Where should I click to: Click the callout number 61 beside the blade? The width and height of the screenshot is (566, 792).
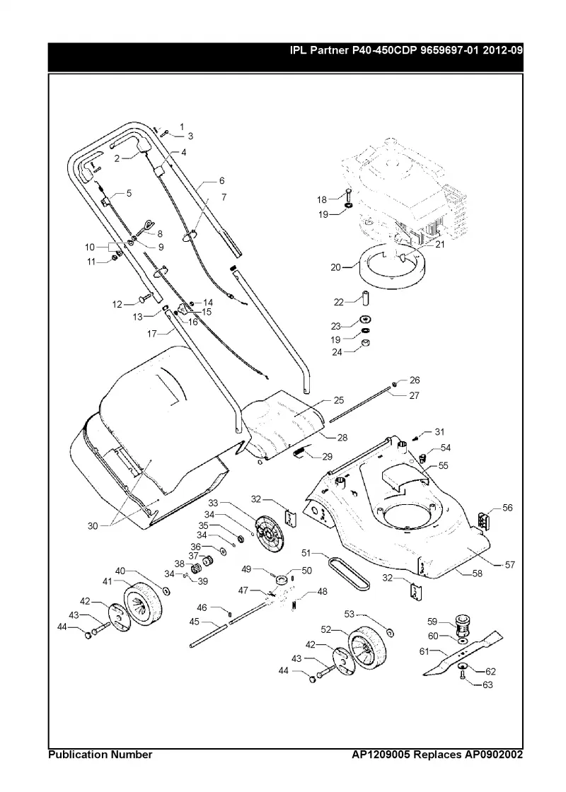[x=424, y=651]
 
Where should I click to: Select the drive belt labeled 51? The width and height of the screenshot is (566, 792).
[x=349, y=573]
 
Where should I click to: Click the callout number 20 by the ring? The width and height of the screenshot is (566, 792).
[x=336, y=267]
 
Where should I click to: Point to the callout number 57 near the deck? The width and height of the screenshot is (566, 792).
[x=510, y=564]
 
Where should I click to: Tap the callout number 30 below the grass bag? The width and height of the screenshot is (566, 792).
[x=93, y=526]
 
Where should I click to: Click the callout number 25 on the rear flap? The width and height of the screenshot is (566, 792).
[x=339, y=400]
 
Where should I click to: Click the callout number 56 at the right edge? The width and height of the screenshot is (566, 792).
[x=507, y=508]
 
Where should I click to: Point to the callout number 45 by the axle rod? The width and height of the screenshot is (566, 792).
[x=195, y=622]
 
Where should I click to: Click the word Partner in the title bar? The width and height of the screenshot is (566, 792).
[x=330, y=50]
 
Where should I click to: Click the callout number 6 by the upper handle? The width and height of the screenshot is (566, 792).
[x=221, y=180]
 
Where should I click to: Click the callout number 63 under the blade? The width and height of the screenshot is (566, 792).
[x=487, y=685]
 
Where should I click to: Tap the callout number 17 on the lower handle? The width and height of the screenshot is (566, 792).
[x=153, y=334]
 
